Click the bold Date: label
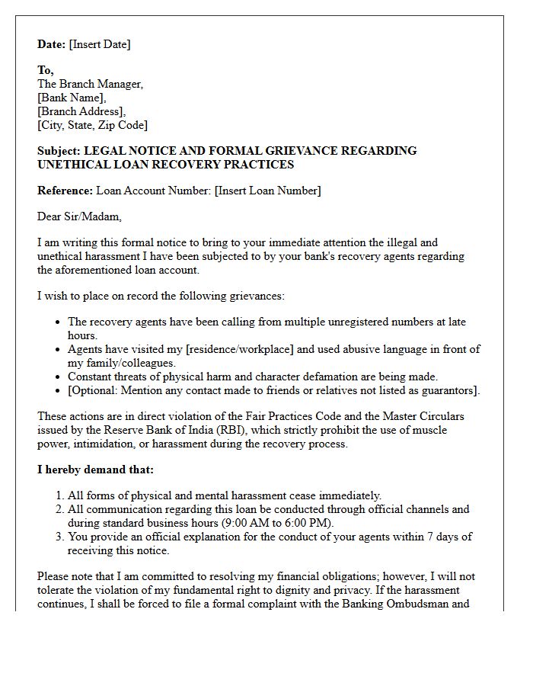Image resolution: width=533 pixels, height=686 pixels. pyautogui.click(x=52, y=44)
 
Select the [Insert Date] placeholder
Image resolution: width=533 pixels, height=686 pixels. pyautogui.click(x=100, y=44)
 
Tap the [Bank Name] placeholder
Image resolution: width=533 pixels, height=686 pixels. pyautogui.click(x=72, y=98)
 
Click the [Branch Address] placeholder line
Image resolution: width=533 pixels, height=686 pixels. pyautogui.click(x=81, y=111)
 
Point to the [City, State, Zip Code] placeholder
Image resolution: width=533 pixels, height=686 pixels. pyautogui.click(x=92, y=125)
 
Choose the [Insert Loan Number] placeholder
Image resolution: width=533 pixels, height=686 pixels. pyautogui.click(x=268, y=191)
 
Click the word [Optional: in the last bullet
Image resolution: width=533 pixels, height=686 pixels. pyautogui.click(x=96, y=390)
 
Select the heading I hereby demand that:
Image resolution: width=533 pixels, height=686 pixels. pyautogui.click(x=95, y=470)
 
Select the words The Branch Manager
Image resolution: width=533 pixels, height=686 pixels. pyautogui.click(x=90, y=84)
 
